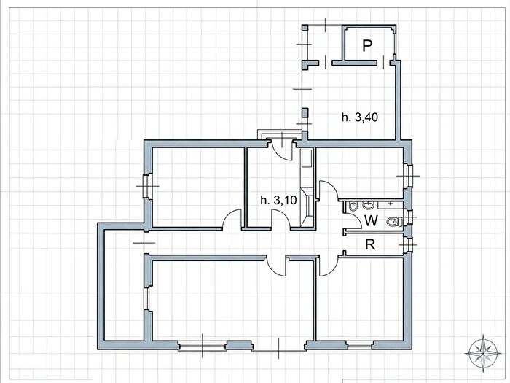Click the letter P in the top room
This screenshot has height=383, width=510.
pos(367,46)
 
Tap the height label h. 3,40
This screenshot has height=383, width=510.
pos(360,117)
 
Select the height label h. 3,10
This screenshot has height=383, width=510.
pos(278,200)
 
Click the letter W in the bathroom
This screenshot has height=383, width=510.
pos(371,221)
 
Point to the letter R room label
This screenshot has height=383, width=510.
pos(370,244)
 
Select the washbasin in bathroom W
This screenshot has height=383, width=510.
pos(368,206)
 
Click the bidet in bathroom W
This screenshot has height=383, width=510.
pos(353,206)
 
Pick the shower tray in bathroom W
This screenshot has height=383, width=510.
pos(391,204)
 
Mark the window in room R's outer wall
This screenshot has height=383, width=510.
pos(408,244)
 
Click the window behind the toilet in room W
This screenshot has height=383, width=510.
pos(408,217)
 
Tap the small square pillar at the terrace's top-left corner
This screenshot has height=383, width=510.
pos(305,28)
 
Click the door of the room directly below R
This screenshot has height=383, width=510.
pos(329,265)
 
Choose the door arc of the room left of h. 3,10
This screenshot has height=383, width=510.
pos(232,220)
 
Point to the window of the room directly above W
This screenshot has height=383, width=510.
pos(408,176)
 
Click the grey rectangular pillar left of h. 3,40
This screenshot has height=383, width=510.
pos(305,113)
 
